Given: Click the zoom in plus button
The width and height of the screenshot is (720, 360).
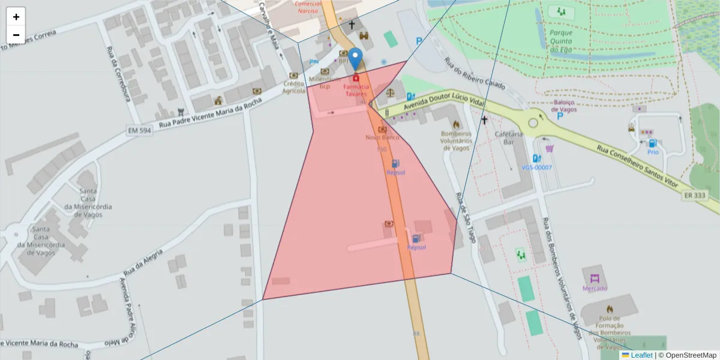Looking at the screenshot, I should pyautogui.click(x=16, y=17).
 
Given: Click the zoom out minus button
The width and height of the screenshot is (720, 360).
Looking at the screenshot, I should pyautogui.click(x=16, y=35).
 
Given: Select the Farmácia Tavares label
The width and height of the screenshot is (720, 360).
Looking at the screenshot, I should pyautogui.click(x=356, y=91).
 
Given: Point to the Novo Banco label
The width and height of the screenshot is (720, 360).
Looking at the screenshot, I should pyautogui.click(x=382, y=137).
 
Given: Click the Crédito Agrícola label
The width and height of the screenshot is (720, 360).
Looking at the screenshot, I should pyautogui.click(x=294, y=88).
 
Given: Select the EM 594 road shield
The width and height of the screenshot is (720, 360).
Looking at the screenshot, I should pyautogui.click(x=140, y=130).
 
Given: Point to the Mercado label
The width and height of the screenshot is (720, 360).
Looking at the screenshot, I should pyautogui.click(x=595, y=289).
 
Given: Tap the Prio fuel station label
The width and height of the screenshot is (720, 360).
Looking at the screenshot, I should pyautogui.click(x=653, y=152).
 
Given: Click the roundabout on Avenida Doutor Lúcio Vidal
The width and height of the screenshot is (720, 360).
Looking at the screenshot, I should pyautogui.click(x=533, y=123).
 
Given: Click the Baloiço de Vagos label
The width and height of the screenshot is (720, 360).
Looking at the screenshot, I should pyautogui.click(x=564, y=106).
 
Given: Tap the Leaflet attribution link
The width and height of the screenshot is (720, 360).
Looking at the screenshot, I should pyautogui.click(x=641, y=355).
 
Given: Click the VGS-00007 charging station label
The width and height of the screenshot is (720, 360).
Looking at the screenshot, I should pyautogui.click(x=536, y=167).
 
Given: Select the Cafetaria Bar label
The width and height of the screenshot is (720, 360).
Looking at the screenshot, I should pyautogui.click(x=509, y=138).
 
